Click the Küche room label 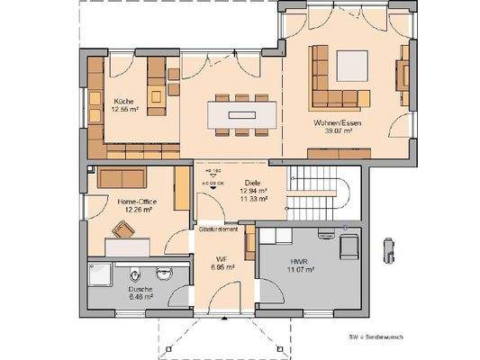[122, 101]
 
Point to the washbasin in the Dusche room [165, 272]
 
